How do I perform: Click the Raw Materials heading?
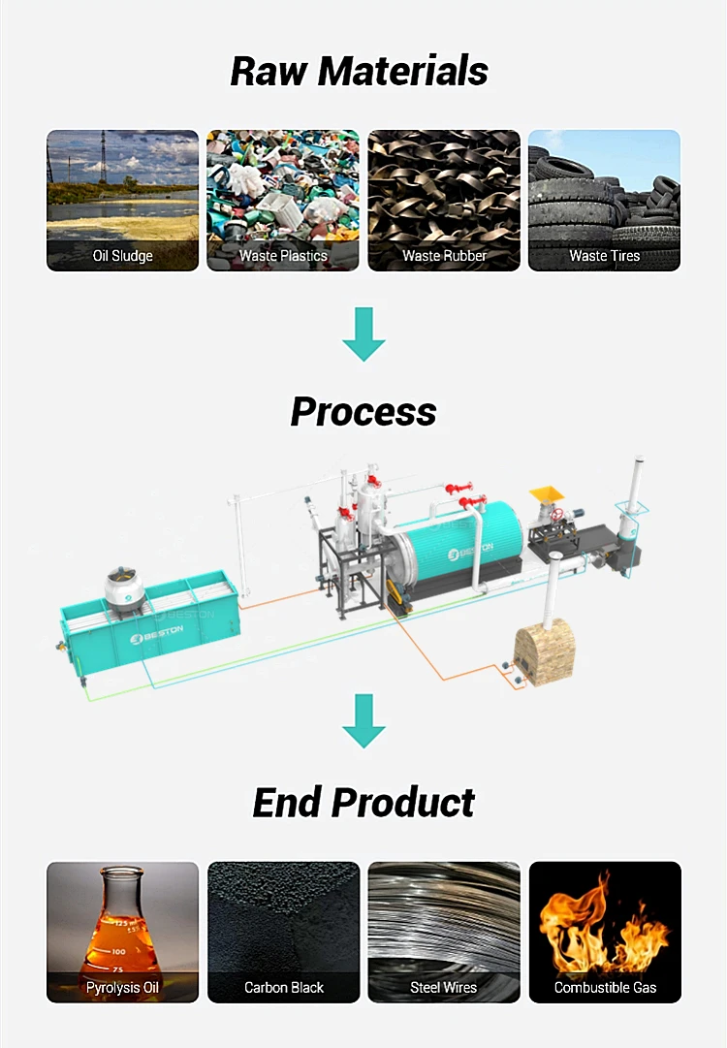(x=360, y=71)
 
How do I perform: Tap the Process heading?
(x=363, y=411)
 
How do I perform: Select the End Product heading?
(x=363, y=803)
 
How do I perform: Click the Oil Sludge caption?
(x=122, y=256)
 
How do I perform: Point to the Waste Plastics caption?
(x=283, y=256)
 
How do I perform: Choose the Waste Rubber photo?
(x=444, y=189)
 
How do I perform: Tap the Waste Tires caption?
(x=604, y=256)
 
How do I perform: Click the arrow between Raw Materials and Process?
(x=363, y=333)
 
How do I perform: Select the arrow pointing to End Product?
(x=363, y=720)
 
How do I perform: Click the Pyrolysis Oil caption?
(x=122, y=988)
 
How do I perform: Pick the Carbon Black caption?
(x=283, y=988)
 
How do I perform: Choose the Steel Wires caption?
(x=444, y=988)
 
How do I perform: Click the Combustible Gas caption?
(x=605, y=988)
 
